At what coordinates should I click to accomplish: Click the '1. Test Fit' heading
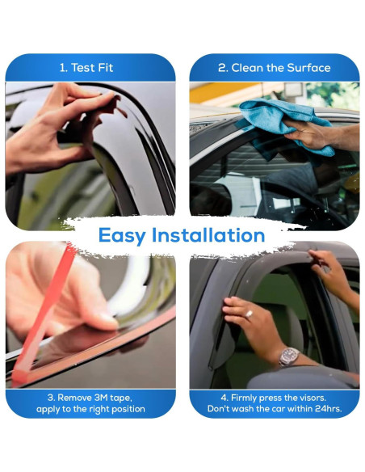click(86, 68)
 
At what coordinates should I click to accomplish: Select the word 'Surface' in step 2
click(308, 68)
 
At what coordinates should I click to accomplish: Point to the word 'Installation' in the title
click(208, 235)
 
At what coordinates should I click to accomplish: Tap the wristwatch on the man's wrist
click(288, 356)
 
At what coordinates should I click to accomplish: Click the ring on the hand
click(249, 314)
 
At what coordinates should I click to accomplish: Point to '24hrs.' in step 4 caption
click(329, 409)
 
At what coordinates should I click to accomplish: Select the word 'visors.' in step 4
click(311, 398)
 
